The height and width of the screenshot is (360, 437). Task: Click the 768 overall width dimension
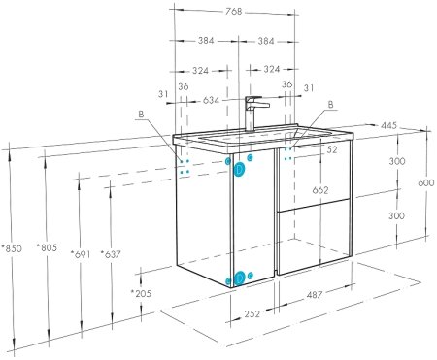click(234, 12)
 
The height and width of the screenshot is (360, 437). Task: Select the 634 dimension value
click(211, 100)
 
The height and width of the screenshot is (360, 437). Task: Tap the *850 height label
click(12, 248)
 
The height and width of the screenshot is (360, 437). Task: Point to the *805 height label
click(47, 247)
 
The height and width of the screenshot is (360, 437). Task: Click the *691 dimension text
click(81, 254)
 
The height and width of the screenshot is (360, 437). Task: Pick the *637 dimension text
click(111, 254)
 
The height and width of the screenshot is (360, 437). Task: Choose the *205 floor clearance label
click(141, 293)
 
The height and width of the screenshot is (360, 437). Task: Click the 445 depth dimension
click(388, 125)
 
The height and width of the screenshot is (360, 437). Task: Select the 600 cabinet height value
click(426, 182)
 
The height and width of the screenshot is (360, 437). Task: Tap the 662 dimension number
click(320, 190)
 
